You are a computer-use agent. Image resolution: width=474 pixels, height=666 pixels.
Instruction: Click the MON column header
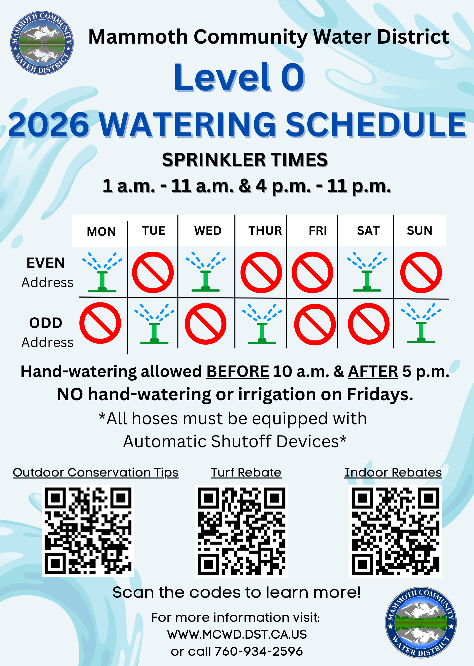tap(101, 231)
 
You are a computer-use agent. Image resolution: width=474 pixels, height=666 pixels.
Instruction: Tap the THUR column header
tap(265, 231)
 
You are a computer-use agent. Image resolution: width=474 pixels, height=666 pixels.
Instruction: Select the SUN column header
tap(419, 230)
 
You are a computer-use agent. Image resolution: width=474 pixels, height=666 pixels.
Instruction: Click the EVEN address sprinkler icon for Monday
tap(102, 272)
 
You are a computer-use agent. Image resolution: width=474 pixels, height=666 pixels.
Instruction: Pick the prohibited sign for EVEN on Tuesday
tap(153, 272)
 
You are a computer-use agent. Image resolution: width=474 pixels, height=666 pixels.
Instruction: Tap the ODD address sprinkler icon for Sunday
tap(421, 323)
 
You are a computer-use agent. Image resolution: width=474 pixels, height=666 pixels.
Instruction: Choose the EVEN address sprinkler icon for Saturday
tap(367, 272)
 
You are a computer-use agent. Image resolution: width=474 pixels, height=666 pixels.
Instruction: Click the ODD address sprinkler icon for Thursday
tap(262, 324)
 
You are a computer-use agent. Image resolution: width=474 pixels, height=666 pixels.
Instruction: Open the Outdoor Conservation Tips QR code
tap(88, 530)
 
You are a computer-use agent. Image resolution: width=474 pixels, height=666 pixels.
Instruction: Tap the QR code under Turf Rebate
tap(242, 531)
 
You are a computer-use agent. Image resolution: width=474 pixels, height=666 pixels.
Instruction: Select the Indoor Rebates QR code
tap(395, 531)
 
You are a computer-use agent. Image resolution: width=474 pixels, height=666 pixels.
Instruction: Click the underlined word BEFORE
tap(238, 372)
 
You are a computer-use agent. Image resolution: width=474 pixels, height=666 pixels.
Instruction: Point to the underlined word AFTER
tap(373, 372)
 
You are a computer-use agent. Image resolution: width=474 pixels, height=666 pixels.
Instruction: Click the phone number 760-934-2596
tap(259, 651)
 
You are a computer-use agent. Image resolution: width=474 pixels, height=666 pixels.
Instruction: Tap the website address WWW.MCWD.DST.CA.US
tap(237, 634)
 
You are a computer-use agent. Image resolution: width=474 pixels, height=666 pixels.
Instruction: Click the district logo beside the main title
tap(42, 43)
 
